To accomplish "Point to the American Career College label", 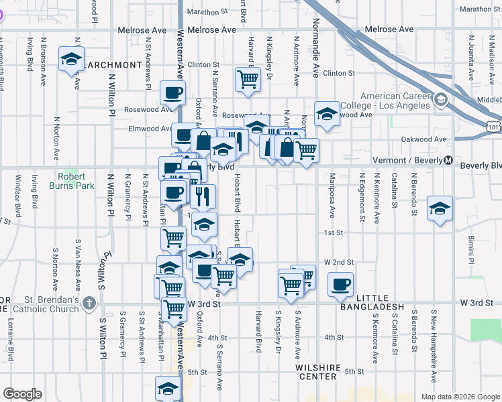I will click(384, 101).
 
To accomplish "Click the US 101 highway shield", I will click(492, 125).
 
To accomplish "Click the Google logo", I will click(23, 394).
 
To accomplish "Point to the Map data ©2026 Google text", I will click(460, 397).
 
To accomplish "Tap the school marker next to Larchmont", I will click(70, 60).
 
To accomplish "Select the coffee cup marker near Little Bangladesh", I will click(340, 284).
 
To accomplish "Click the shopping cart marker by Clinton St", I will click(248, 78).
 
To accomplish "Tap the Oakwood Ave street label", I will click(431, 139).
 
